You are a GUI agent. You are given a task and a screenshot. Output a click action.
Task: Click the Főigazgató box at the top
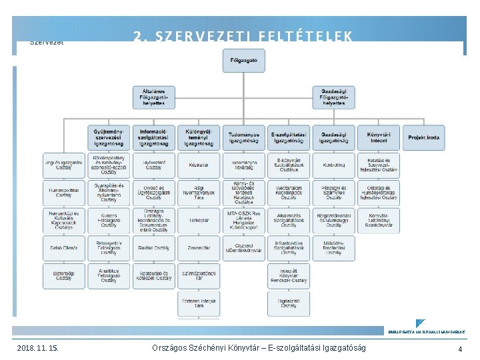point(243,61)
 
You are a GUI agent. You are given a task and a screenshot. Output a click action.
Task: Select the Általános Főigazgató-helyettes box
point(154,97)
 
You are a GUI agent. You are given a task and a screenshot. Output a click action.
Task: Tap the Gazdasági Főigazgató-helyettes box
point(333,97)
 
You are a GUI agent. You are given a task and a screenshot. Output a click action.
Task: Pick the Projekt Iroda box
point(424,137)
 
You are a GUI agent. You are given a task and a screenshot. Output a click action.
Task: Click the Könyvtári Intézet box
point(379,137)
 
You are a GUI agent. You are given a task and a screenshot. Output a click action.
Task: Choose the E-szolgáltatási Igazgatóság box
point(289,137)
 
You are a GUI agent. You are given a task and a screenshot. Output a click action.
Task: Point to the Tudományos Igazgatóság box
point(243,137)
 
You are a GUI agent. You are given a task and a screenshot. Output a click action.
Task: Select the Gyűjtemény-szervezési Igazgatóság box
point(109,137)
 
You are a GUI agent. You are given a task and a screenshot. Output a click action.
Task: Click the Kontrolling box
point(333,165)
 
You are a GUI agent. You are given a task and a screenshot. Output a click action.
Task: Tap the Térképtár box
point(199,220)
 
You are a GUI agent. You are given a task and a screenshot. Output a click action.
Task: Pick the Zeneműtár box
point(199,248)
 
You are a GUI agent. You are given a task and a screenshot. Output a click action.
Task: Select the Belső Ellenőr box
point(64,248)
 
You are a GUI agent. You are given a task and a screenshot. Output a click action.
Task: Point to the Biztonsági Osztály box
point(64,275)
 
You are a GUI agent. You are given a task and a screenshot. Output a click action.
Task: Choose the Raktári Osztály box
point(154,248)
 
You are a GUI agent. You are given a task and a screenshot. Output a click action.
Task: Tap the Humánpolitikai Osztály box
point(64,193)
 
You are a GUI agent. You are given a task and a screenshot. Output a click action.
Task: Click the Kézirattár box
point(199,165)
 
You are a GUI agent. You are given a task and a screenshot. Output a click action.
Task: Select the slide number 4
point(460,349)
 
